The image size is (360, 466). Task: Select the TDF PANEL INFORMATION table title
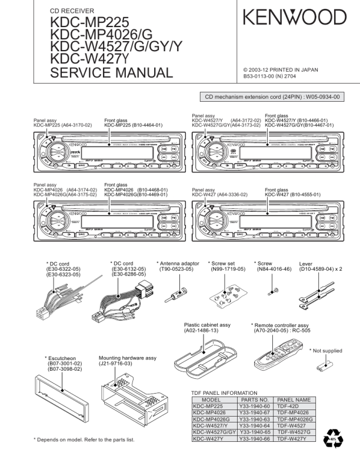(225, 392)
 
